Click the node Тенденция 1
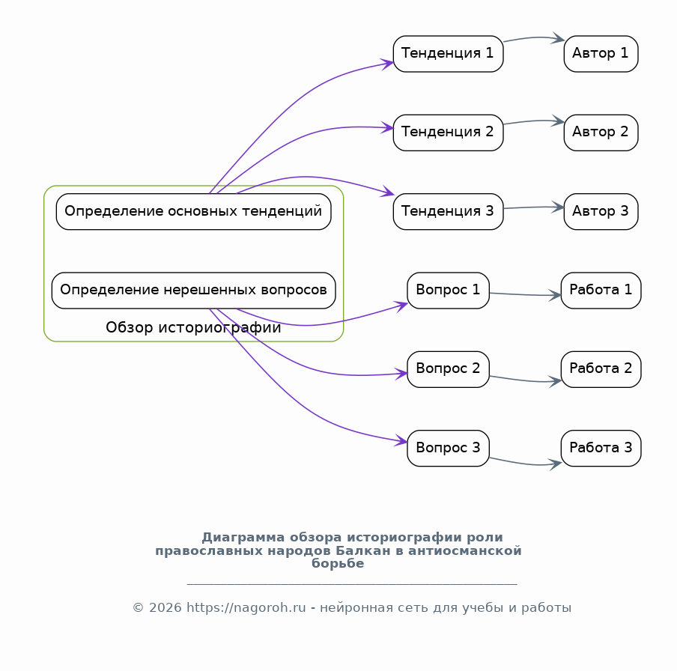(x=448, y=54)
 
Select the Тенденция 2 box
(x=448, y=133)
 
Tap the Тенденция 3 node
(x=448, y=212)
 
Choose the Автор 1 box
(x=601, y=54)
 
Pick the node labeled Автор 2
(x=601, y=133)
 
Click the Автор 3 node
(x=601, y=212)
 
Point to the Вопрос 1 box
(x=448, y=291)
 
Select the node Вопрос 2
(x=448, y=369)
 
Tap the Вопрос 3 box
(x=448, y=448)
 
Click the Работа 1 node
(x=601, y=291)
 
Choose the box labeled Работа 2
(x=601, y=369)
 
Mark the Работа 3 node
(x=601, y=448)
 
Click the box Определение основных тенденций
(x=193, y=212)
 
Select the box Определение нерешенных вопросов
(x=193, y=291)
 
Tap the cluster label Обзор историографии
(x=193, y=328)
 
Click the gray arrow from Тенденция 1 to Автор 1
(x=535, y=37)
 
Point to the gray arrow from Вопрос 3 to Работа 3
(x=526, y=464)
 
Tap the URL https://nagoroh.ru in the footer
(x=246, y=608)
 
